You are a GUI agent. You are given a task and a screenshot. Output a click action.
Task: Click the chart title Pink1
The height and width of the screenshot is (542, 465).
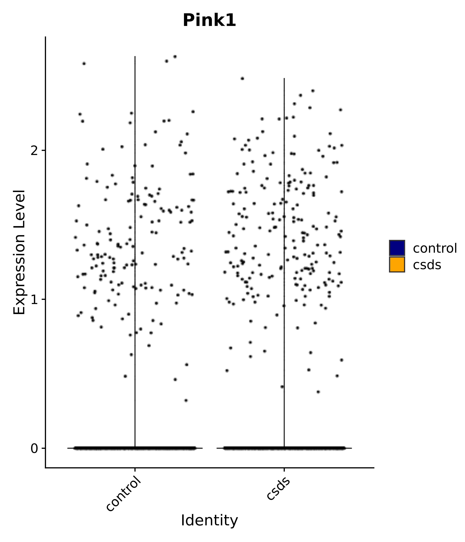(x=209, y=20)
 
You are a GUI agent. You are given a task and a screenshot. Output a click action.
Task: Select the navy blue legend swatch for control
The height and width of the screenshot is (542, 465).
(x=397, y=248)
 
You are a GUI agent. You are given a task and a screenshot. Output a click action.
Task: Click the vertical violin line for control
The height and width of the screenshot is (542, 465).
(x=135, y=235)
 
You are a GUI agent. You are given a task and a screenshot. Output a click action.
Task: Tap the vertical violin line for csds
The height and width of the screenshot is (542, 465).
(x=284, y=235)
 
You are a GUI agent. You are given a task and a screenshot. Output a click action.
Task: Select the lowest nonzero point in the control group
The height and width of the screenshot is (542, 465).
(x=186, y=400)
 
